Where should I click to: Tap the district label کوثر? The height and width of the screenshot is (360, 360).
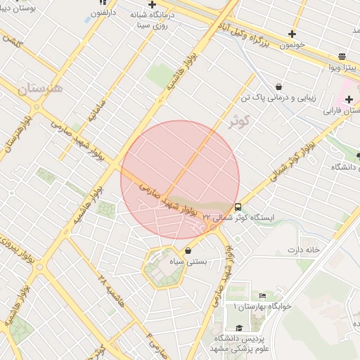(240, 121)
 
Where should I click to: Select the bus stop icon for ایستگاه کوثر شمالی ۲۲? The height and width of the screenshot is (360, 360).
(238, 207)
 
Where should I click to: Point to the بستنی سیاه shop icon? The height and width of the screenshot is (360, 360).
(188, 250)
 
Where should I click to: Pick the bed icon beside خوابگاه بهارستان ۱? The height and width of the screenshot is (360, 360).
(262, 295)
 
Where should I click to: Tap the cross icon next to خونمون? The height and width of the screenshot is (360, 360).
(292, 33)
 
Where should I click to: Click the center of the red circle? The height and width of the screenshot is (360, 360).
(180, 180)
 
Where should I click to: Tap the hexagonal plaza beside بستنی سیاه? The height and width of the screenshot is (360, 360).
(163, 268)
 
